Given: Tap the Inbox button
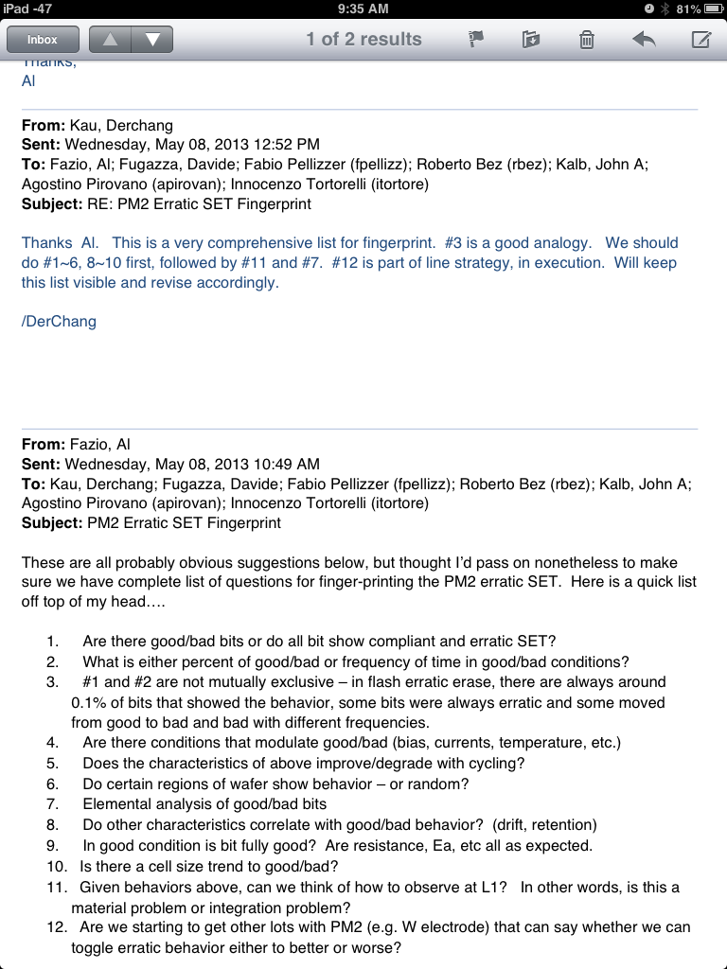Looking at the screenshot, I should point(43,40).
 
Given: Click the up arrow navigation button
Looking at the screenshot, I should point(109,40).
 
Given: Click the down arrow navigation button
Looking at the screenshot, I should point(152,40).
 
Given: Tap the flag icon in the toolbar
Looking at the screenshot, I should point(476,40).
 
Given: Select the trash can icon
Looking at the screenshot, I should point(587,40).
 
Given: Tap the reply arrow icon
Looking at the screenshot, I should point(644,40).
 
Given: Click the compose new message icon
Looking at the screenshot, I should point(700,40).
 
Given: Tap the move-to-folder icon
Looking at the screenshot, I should point(531,40).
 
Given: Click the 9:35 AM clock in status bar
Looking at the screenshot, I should point(363,9).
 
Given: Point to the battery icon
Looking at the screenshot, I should point(711,9).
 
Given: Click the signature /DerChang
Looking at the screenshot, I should point(59,321).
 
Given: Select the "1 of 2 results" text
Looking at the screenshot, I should point(363,40).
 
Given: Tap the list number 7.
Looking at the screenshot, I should point(52,804).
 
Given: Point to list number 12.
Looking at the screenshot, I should point(56,927).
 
